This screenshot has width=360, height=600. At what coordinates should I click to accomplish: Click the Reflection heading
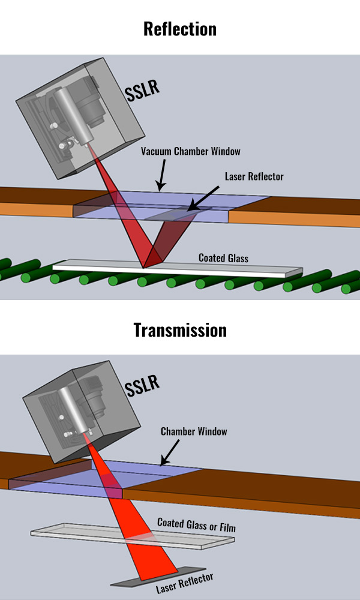click(180, 28)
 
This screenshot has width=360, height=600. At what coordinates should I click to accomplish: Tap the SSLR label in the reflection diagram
click(142, 91)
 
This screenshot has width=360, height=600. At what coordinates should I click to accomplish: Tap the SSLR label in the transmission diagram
click(143, 385)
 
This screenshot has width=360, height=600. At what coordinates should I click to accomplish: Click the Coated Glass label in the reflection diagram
click(223, 257)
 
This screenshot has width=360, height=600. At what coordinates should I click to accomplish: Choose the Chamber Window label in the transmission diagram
click(194, 431)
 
